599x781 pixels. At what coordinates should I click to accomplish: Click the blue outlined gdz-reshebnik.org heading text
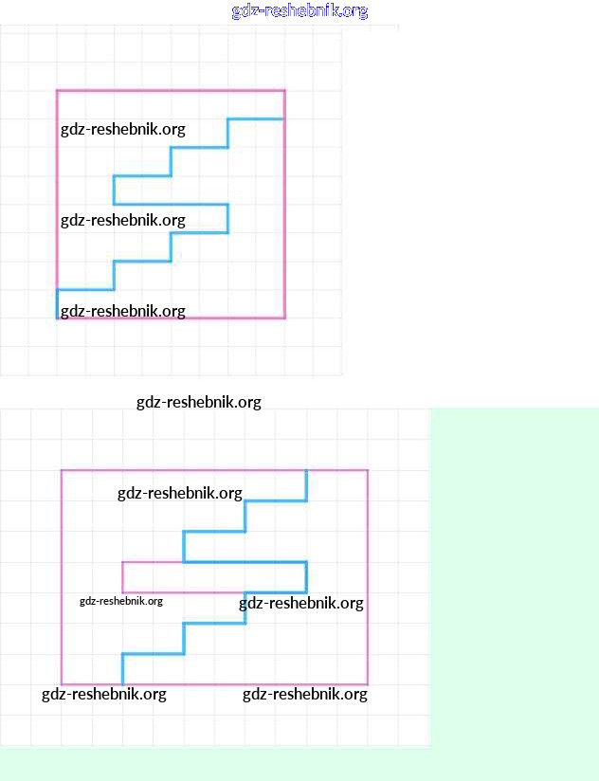(x=299, y=11)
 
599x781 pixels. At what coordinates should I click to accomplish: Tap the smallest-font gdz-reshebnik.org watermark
(x=121, y=600)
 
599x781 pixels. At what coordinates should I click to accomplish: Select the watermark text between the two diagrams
(x=198, y=402)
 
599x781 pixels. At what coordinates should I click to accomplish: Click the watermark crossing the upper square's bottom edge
(x=123, y=311)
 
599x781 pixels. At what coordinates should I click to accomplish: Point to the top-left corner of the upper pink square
(x=57, y=91)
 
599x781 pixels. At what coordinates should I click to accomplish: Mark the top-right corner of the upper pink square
(x=284, y=91)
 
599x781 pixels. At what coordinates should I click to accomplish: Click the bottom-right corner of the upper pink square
(x=284, y=318)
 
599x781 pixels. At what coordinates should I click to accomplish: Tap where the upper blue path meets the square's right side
(x=283, y=119)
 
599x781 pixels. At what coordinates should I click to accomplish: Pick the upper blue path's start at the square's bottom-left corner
(x=57, y=317)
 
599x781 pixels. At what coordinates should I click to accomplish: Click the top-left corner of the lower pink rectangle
(x=62, y=470)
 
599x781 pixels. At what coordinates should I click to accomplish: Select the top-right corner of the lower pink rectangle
(x=368, y=470)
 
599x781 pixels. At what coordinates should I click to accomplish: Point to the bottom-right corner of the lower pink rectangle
(x=368, y=683)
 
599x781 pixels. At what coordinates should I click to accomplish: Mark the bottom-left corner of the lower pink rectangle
(x=62, y=683)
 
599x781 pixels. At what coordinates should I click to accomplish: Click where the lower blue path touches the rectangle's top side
(x=306, y=471)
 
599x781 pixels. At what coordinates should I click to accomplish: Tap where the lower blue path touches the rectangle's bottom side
(x=123, y=682)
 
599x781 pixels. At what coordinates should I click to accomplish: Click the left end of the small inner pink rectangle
(x=122, y=577)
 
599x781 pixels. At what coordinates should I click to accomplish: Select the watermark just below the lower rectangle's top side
(x=180, y=493)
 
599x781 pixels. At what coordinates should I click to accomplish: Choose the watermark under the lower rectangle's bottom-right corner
(x=304, y=695)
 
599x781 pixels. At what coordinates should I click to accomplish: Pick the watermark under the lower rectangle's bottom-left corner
(x=104, y=695)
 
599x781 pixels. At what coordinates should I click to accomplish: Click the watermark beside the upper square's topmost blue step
(x=123, y=129)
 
